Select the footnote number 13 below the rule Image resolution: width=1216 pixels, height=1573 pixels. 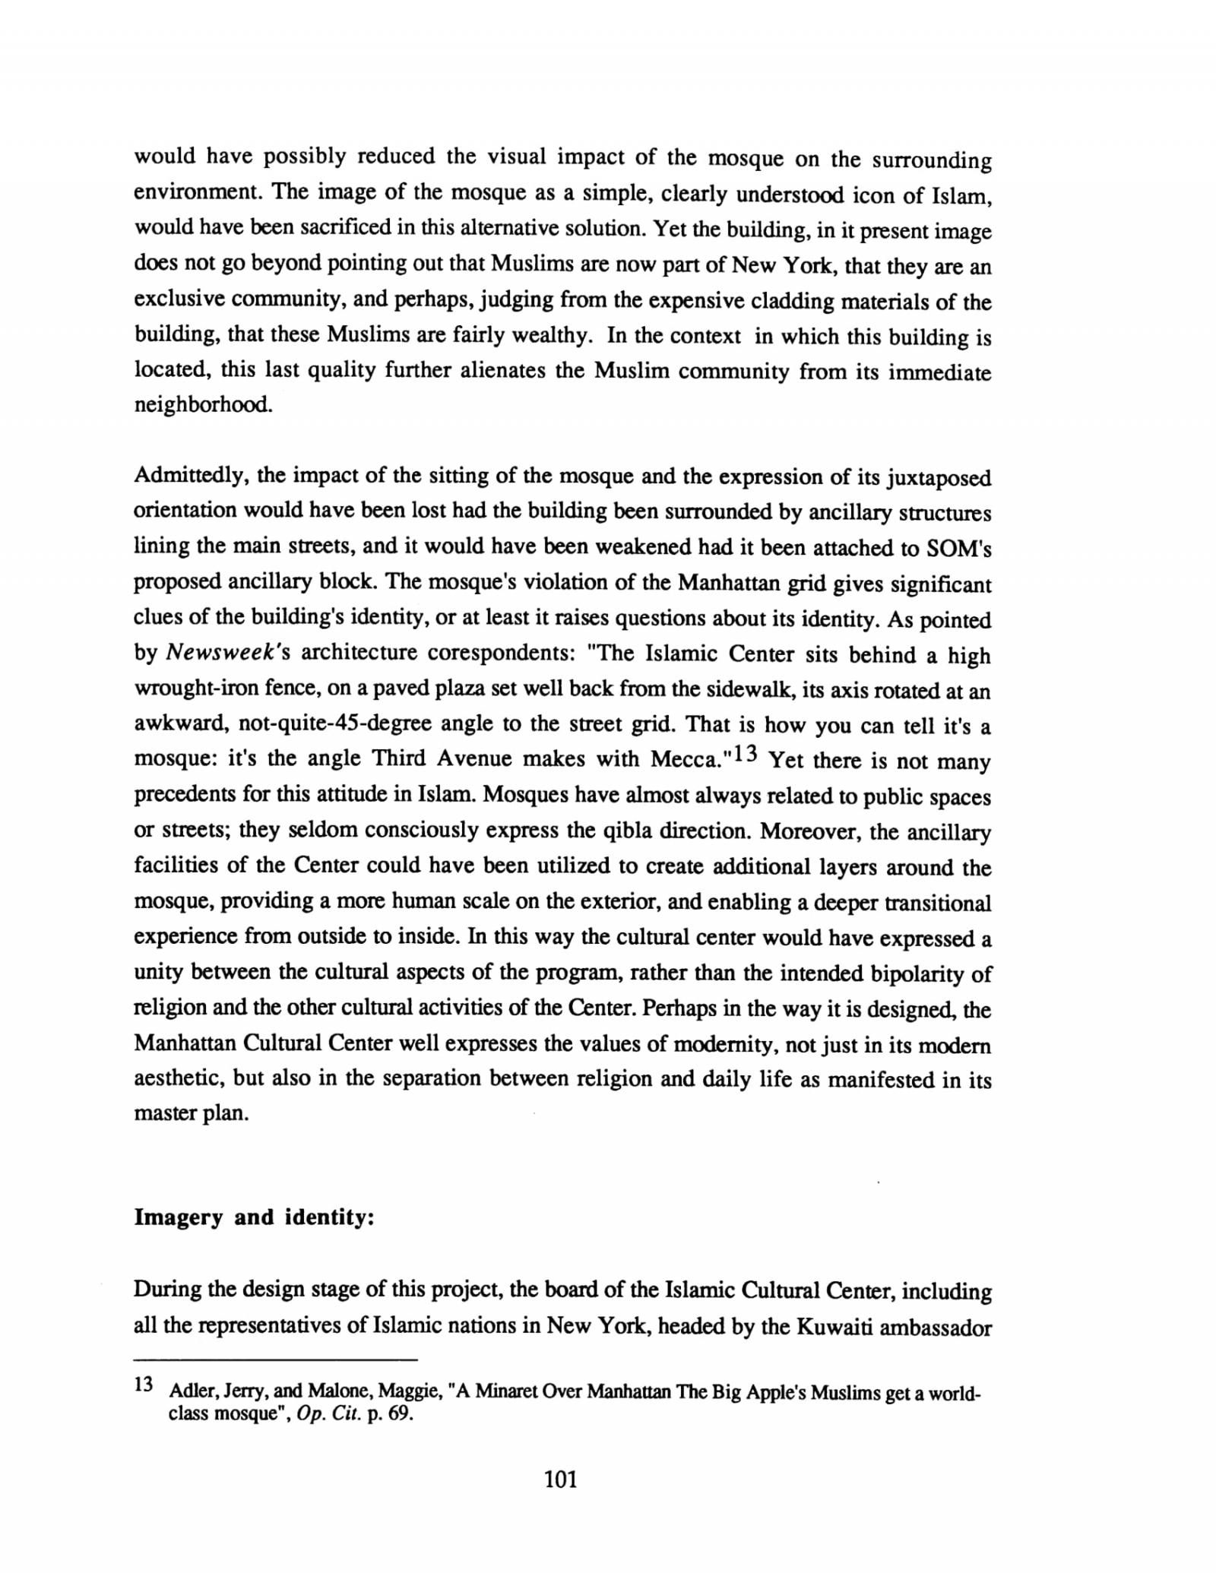coord(144,1384)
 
